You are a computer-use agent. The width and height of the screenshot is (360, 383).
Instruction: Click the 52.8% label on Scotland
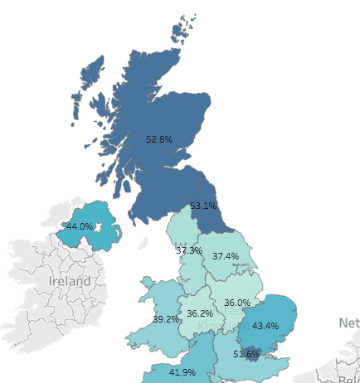[158, 139]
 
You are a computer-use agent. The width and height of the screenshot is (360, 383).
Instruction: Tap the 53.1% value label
[203, 205]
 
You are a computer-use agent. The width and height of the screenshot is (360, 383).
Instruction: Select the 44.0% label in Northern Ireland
[80, 225]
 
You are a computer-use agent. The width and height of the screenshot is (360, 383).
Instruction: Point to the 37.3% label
[188, 250]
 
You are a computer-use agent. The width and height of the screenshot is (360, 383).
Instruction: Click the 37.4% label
[225, 256]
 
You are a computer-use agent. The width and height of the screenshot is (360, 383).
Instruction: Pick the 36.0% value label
[237, 303]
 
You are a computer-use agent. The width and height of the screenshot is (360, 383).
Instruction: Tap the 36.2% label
[200, 313]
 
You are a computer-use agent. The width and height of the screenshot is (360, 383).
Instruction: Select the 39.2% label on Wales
[166, 319]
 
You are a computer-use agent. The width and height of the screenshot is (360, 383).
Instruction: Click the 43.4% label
[265, 325]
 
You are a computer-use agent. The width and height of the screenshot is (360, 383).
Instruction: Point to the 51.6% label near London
[246, 354]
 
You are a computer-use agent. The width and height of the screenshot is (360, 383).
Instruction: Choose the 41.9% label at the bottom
[182, 371]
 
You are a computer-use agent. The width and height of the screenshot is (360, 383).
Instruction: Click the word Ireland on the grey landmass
[69, 281]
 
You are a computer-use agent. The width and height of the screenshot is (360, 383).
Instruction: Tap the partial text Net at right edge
[348, 322]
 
